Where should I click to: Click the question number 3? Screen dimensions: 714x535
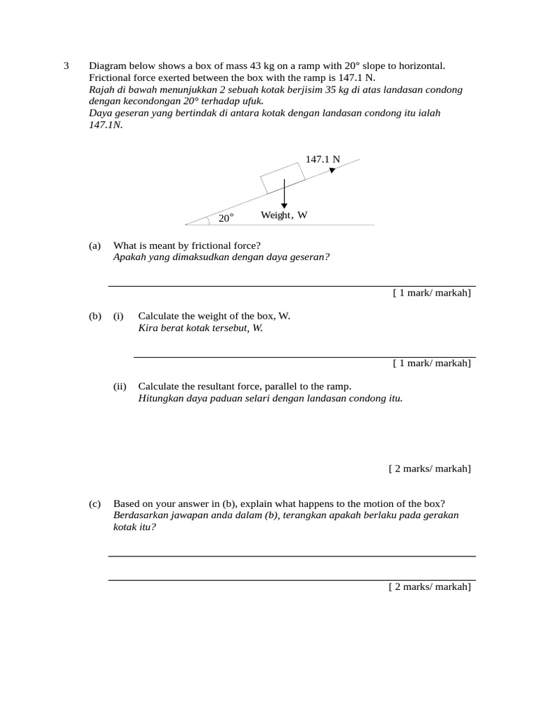pos(66,66)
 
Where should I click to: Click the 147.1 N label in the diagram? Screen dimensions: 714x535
pos(323,159)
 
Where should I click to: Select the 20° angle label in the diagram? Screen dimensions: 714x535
pos(226,218)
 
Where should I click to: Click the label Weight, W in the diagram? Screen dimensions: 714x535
pos(284,215)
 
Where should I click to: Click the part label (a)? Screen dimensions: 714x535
pos(95,245)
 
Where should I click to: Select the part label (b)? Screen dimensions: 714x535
pos(95,316)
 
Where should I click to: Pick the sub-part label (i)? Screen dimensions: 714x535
pos(118,316)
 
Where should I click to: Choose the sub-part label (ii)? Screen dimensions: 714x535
pos(120,386)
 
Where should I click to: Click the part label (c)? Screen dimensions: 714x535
pos(95,504)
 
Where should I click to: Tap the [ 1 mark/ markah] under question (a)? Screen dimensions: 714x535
pos(431,293)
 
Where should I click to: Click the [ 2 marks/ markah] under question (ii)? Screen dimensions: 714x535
pos(429,469)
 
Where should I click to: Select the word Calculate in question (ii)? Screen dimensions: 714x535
pos(158,386)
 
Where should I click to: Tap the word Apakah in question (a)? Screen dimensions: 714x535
pos(130,257)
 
